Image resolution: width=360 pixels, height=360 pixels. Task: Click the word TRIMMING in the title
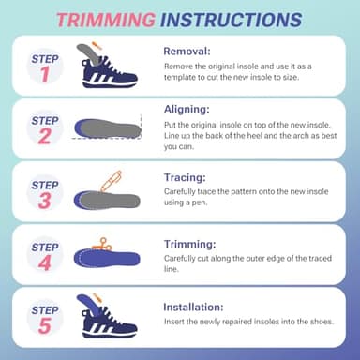click(106, 19)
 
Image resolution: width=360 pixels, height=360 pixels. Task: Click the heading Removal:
click(188, 52)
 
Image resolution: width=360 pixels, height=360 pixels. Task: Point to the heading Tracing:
click(187, 175)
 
